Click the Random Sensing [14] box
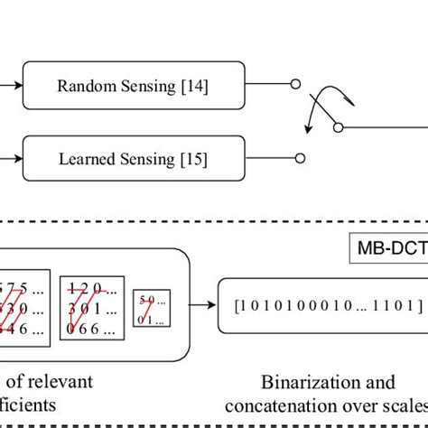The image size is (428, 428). (x=133, y=87)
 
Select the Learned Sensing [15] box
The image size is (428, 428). (x=133, y=159)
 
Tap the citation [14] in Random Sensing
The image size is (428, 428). (x=194, y=87)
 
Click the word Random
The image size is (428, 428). (x=82, y=87)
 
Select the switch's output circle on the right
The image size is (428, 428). (x=338, y=128)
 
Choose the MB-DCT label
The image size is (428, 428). (x=388, y=246)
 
